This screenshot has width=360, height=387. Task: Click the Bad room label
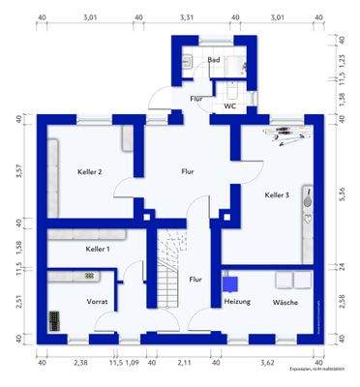click(x=214, y=59)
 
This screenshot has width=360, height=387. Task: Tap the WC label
click(x=230, y=105)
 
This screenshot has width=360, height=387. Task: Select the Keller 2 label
click(x=90, y=172)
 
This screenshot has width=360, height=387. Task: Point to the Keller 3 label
click(x=277, y=195)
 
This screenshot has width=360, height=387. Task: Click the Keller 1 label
click(x=98, y=250)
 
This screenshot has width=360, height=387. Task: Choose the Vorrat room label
click(x=98, y=302)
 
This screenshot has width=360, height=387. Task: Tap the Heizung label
click(x=237, y=302)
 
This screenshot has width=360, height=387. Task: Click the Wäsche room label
click(x=285, y=302)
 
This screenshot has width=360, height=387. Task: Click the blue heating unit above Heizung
click(x=230, y=283)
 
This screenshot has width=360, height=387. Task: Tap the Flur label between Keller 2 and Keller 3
click(x=188, y=171)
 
